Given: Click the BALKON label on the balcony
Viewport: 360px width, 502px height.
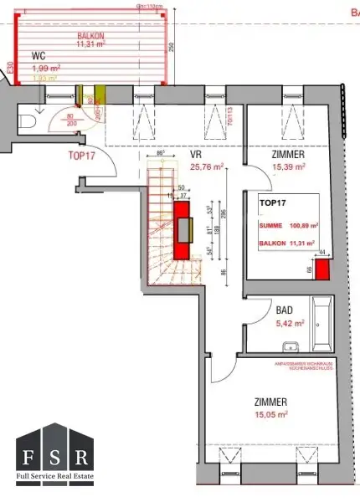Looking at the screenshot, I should (91, 37).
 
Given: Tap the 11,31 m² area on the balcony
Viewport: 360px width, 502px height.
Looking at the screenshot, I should (91, 45).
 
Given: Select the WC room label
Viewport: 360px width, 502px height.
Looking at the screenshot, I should (38, 57).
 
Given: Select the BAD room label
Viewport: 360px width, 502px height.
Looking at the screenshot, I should (285, 310).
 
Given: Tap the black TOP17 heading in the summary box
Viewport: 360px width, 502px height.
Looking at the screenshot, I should (273, 203).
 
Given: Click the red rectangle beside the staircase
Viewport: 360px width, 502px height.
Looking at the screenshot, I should (182, 230).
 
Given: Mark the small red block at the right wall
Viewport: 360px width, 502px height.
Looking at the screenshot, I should (321, 268).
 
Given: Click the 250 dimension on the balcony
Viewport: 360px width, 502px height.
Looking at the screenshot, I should (170, 48).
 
